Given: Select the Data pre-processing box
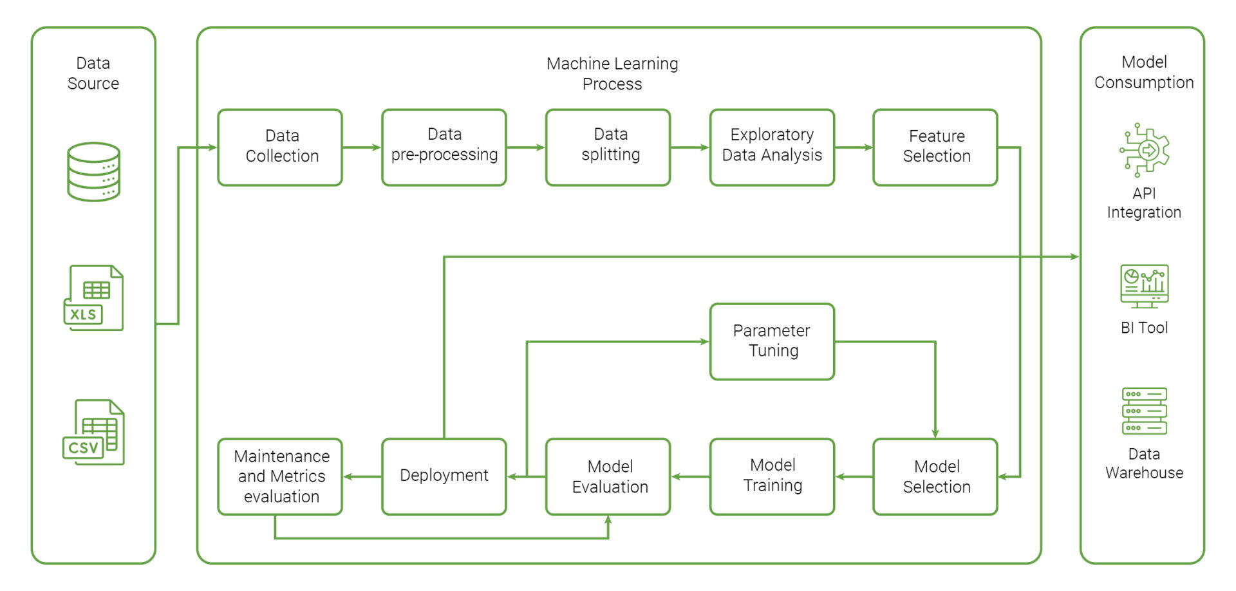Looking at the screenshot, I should coord(444,147).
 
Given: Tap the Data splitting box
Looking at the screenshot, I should coord(608,147).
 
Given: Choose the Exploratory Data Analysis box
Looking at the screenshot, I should coord(772,147).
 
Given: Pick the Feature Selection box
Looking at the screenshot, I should coord(935,147).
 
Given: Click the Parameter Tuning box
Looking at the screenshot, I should coord(772,341).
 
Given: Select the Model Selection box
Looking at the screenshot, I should coord(935,476).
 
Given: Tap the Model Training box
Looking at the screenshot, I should coord(772,476).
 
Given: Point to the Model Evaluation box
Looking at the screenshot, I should coord(608,476).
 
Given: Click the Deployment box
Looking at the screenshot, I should coord(444,476).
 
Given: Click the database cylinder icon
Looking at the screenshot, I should coord(94,172).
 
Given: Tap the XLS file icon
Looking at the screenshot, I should coord(94,298).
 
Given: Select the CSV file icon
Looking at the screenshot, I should coord(94,432).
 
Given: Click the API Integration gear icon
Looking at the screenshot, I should coord(1144,150).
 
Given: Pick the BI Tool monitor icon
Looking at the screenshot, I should coord(1144,286).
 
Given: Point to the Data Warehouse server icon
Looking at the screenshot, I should coord(1144,411).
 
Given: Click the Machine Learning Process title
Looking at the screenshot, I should coord(612,73).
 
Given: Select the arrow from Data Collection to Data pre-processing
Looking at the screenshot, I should coord(362,147).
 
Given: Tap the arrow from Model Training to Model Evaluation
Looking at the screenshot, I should coord(690,476).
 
